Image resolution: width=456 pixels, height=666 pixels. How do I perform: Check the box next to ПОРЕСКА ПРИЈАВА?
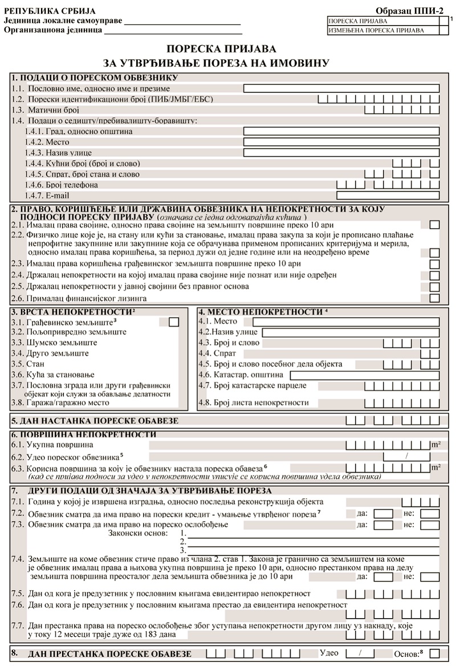coord(444,21)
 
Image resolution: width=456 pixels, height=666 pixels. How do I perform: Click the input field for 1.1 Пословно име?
coord(341,88)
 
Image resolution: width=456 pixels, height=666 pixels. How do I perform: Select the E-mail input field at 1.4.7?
coord(388,195)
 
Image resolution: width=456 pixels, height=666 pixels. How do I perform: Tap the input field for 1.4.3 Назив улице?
coord(341,152)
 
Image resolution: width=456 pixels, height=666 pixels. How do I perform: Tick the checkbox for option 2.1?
coord(434,225)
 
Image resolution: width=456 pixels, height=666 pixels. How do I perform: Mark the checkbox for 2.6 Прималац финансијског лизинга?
coord(434,298)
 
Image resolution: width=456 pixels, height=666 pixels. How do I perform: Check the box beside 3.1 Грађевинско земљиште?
coord(174,322)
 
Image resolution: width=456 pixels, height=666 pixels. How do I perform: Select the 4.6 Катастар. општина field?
coord(364,375)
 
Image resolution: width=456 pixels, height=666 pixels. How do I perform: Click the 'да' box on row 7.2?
coord(383,514)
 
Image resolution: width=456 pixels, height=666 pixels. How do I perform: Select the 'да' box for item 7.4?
coord(383,576)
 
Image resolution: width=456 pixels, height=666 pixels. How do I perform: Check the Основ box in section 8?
coord(434,653)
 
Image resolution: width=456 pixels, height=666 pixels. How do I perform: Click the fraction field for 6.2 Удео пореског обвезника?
coord(406,456)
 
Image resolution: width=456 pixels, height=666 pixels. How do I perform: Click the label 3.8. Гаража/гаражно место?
coord(56,403)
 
